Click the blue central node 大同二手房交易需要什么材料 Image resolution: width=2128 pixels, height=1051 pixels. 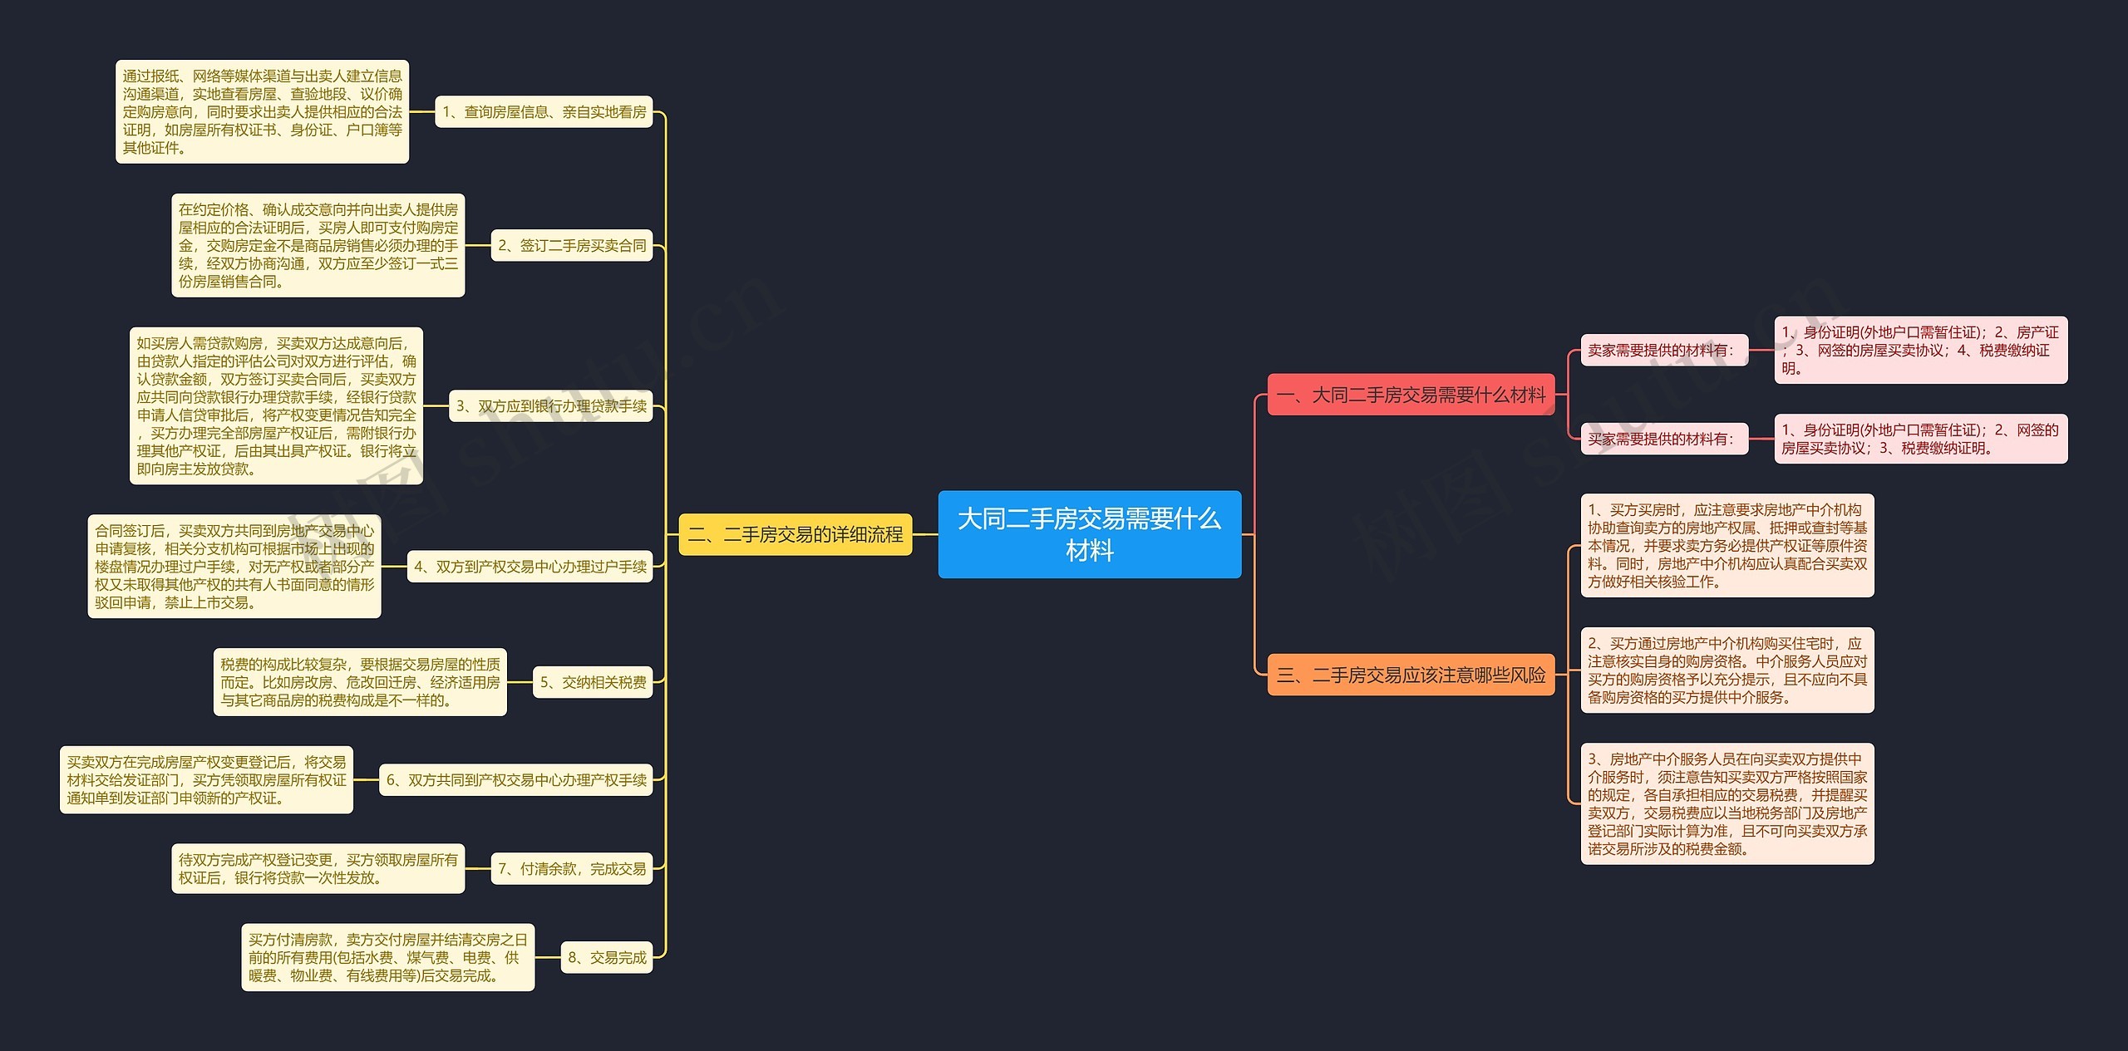pos(1089,534)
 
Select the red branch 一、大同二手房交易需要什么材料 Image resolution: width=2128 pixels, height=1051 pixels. pos(1411,395)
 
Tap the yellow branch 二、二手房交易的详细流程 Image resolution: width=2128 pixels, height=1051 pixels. pos(796,534)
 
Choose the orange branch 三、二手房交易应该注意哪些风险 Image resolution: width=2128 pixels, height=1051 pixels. pos(1411,675)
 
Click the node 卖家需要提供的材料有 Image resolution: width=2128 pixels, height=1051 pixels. pos(1664,351)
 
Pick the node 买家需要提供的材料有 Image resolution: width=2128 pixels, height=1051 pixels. pos(1664,439)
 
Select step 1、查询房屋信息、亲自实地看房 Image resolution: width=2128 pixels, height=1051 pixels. pos(544,112)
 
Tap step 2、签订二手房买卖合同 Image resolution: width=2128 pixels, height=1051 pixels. pos(572,246)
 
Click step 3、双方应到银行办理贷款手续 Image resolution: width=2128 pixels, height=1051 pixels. pos(551,406)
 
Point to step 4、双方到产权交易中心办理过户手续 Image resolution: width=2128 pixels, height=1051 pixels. pos(530,567)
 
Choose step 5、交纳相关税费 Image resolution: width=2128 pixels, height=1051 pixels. pos(593,682)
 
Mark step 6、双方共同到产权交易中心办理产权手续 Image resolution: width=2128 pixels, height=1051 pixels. pos(516,780)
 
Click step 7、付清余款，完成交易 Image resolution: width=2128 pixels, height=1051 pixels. pos(572,869)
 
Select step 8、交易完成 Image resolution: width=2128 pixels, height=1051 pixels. pos(607,958)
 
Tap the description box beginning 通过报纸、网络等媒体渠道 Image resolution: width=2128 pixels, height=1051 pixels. pos(262,112)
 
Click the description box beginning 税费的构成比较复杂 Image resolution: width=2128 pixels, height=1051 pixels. pos(360,682)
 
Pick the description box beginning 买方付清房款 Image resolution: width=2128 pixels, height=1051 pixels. pos(388,958)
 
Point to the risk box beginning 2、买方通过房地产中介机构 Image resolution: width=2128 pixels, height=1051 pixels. pos(1727,670)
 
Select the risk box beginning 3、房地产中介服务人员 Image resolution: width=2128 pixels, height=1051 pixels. pos(1727,804)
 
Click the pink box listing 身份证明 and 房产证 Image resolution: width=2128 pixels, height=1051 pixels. pos(1921,351)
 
